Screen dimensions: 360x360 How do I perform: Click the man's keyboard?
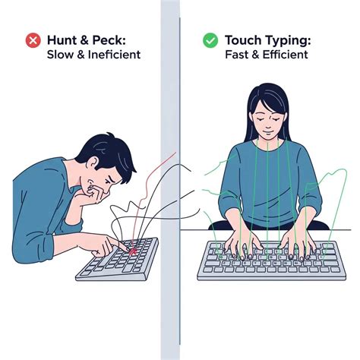click(118, 260)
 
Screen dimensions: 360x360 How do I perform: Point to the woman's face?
click(269, 121)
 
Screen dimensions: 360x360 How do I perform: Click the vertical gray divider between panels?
click(170, 180)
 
